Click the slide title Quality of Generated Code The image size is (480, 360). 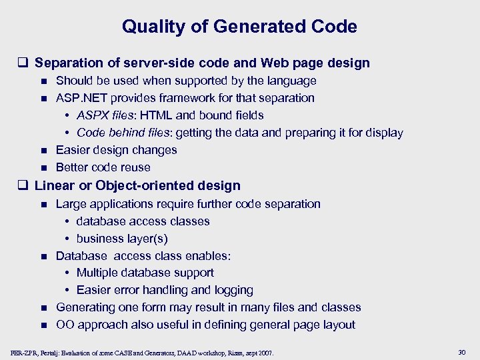239,27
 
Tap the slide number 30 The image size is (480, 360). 463,352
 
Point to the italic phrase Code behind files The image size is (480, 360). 124,133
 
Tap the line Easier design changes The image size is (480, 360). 116,150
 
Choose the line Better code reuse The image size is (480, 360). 103,167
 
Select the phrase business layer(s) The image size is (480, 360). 122,238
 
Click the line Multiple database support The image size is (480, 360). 145,273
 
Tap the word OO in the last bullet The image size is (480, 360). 65,325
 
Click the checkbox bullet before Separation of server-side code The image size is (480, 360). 24,63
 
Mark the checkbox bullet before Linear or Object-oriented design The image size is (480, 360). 24,186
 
